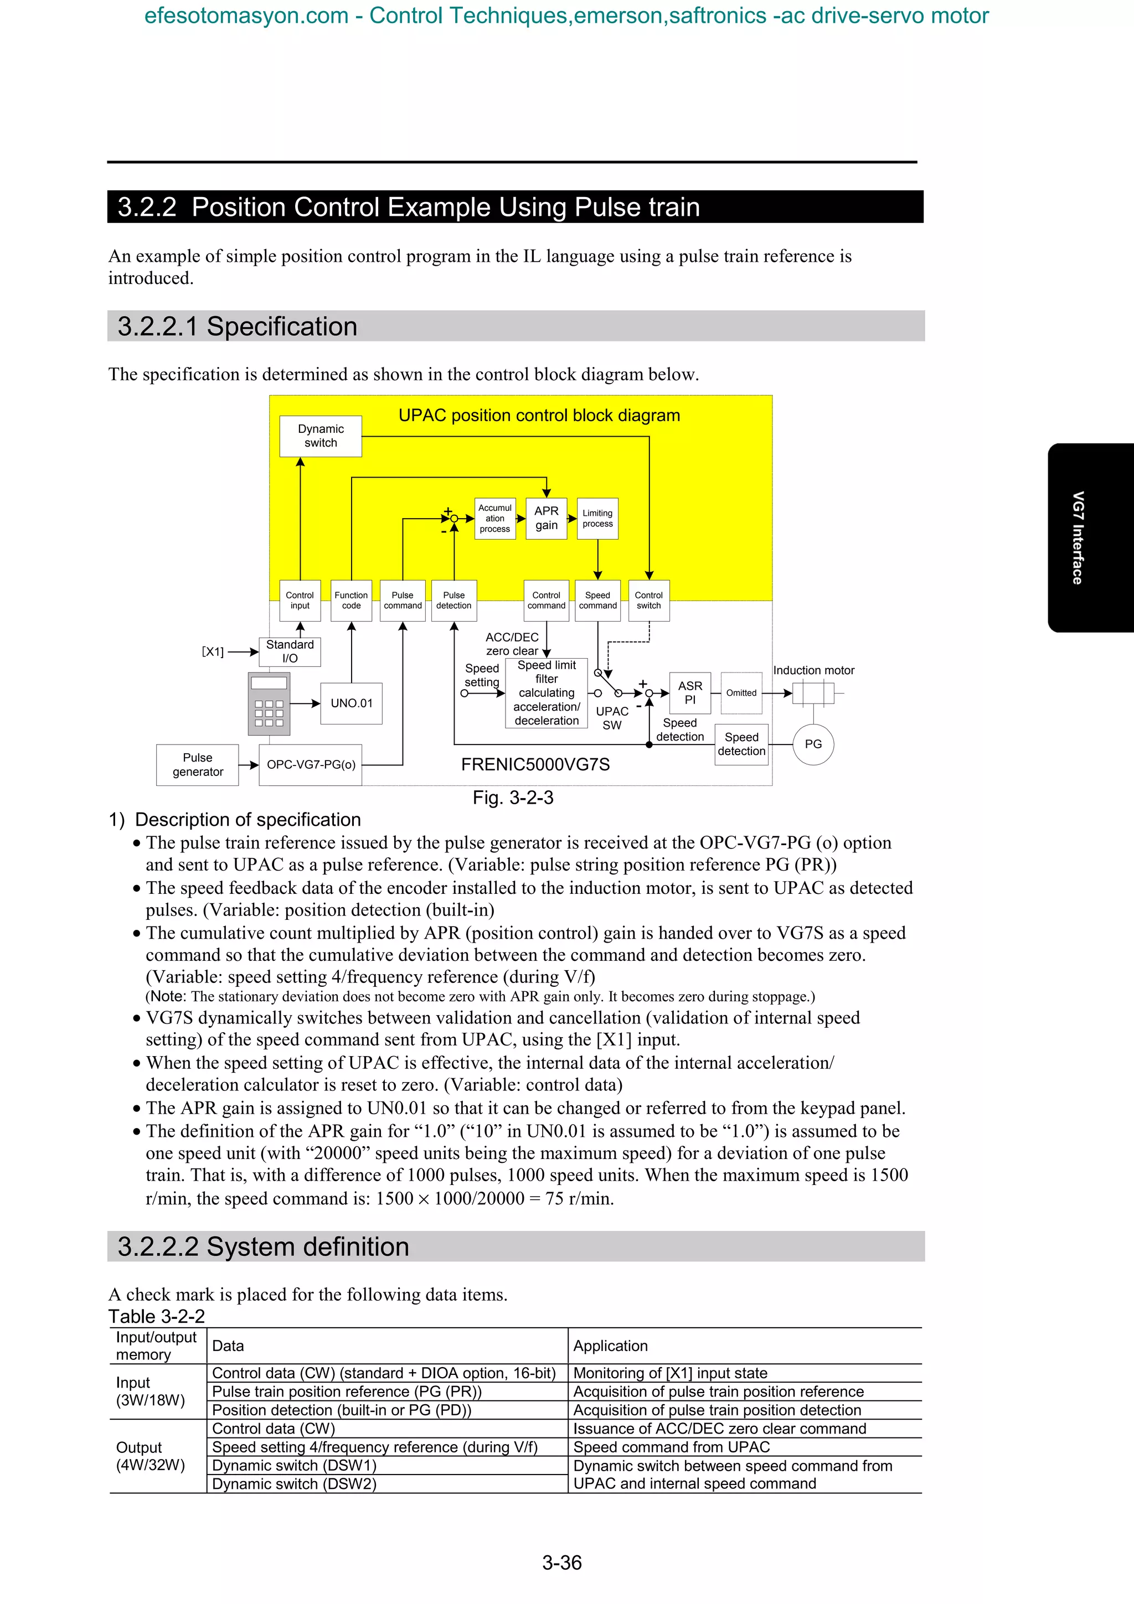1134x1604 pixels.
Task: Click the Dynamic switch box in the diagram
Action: point(321,436)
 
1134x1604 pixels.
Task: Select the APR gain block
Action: point(547,519)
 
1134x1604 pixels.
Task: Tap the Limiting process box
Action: point(597,519)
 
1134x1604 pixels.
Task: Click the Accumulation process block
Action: point(494,519)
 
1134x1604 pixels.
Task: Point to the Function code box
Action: point(352,601)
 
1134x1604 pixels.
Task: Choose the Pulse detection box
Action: point(453,601)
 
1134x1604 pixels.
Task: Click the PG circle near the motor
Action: point(813,744)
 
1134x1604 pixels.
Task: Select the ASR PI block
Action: point(690,693)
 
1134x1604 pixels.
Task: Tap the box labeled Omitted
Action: point(741,693)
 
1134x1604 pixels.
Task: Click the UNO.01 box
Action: point(352,703)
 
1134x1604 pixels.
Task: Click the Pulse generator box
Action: point(198,765)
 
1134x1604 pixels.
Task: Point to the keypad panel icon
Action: point(269,703)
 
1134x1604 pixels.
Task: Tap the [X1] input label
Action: point(213,652)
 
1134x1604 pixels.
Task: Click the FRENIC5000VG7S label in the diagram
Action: point(535,765)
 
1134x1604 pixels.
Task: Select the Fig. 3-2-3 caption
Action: point(513,798)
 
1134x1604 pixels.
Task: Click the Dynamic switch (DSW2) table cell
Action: point(294,1484)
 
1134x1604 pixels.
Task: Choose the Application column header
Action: point(611,1346)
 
